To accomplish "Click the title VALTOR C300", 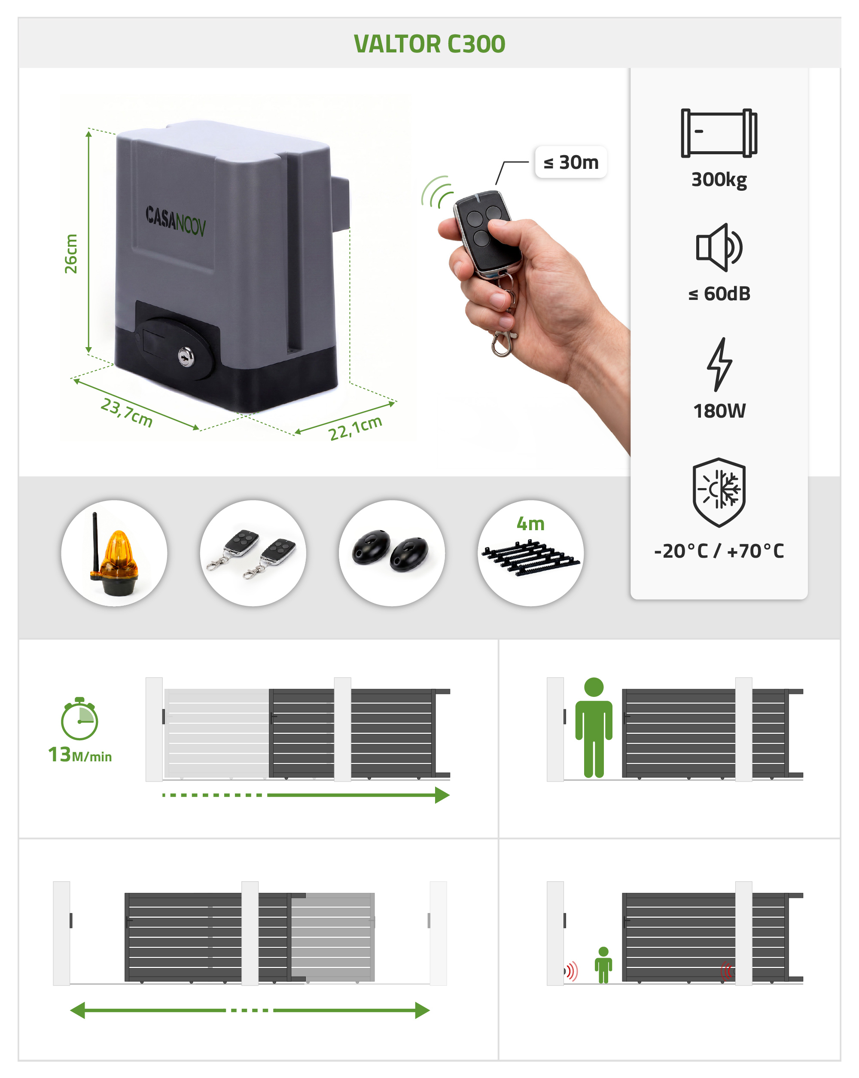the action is click(x=429, y=44).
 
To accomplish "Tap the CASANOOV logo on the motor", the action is click(x=175, y=220).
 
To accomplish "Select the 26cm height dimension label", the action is click(x=71, y=253).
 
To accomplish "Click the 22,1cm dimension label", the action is click(x=355, y=428).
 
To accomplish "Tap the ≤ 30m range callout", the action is click(x=571, y=162).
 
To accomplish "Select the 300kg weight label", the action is click(x=719, y=180).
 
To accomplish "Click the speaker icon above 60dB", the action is click(x=719, y=247).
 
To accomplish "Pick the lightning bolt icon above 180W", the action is click(x=719, y=364).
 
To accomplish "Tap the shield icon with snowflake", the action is click(x=719, y=492).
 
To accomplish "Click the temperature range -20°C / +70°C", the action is click(x=719, y=551).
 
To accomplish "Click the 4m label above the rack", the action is click(x=530, y=523).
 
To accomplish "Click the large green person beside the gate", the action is click(x=594, y=727).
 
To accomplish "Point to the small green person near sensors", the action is click(x=603, y=965).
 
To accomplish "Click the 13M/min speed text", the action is click(x=80, y=754).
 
